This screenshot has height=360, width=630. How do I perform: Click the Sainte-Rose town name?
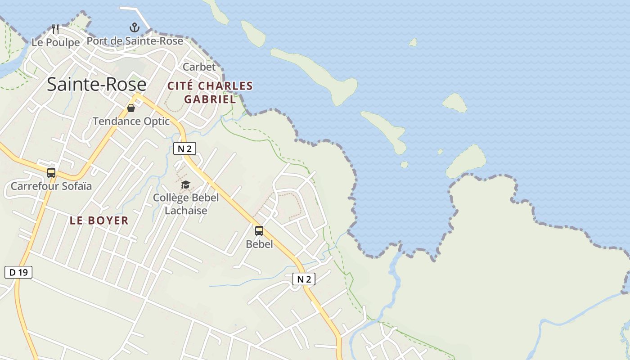(x=96, y=85)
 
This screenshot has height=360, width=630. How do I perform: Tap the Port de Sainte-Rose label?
(x=135, y=41)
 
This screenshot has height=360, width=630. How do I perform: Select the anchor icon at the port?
(x=135, y=28)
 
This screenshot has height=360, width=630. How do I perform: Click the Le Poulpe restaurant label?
(x=55, y=42)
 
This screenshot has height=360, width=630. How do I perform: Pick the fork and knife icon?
(x=55, y=29)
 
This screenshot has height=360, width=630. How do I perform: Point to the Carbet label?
(x=199, y=67)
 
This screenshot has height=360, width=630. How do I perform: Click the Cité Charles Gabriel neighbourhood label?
(x=210, y=92)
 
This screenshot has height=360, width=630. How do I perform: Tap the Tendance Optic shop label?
(x=131, y=121)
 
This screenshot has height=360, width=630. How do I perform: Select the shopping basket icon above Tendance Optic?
(x=131, y=108)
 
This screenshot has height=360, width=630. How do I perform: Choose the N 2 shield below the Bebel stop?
(x=304, y=279)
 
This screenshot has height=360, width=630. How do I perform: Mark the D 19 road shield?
(x=18, y=272)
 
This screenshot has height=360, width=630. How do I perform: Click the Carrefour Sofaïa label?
(x=51, y=186)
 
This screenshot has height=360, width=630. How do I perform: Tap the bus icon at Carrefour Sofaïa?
(x=51, y=172)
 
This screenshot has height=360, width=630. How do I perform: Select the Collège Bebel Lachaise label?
(x=186, y=204)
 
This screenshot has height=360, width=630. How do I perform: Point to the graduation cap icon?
(x=185, y=184)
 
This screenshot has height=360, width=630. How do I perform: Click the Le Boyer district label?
(x=99, y=220)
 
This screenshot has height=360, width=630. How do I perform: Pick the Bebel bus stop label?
(x=259, y=244)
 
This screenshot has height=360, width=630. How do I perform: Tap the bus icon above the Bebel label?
(x=259, y=231)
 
